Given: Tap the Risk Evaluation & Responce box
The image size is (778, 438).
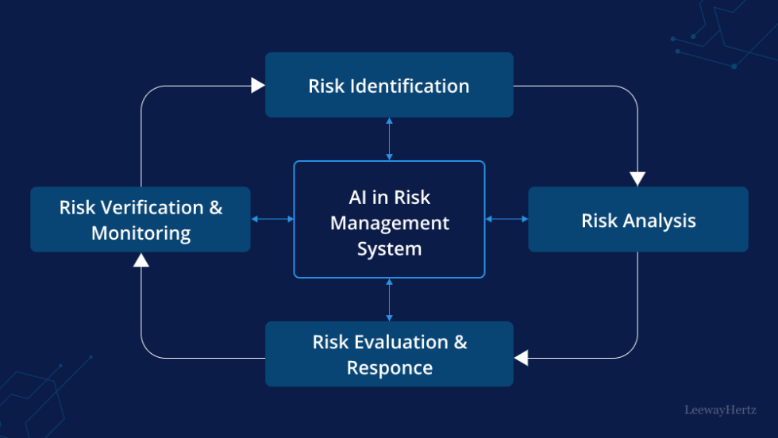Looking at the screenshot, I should tap(389, 354).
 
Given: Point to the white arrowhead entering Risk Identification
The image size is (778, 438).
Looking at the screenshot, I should tap(258, 85).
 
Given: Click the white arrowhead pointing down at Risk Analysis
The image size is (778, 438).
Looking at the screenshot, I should tap(637, 179).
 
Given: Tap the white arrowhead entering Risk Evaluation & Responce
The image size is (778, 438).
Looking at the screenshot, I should tap(521, 358).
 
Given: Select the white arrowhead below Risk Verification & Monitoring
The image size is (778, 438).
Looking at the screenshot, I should tap(141, 259).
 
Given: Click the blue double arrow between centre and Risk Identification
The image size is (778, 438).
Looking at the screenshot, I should tap(389, 139).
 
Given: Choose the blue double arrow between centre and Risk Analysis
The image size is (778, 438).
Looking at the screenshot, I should tap(506, 219).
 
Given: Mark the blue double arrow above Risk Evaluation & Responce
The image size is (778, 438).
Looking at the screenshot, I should tap(389, 299).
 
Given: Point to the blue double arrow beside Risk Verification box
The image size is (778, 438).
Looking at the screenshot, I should tap(272, 219).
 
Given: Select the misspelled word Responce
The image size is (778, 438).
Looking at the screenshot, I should tap(390, 368).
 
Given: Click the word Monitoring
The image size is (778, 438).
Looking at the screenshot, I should tap(141, 233).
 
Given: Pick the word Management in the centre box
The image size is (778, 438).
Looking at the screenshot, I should tap(389, 224).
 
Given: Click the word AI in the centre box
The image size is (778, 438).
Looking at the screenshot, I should tap(359, 198).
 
